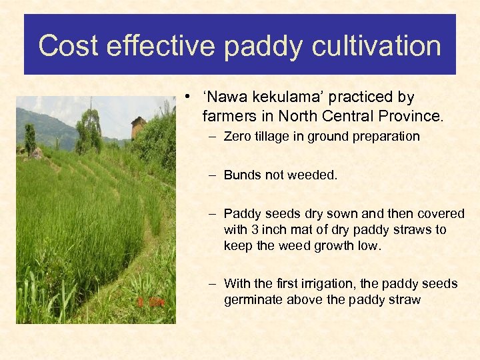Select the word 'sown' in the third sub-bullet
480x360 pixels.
[340, 213]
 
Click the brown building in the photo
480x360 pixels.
[138, 127]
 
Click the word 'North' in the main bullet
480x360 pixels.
[297, 116]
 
